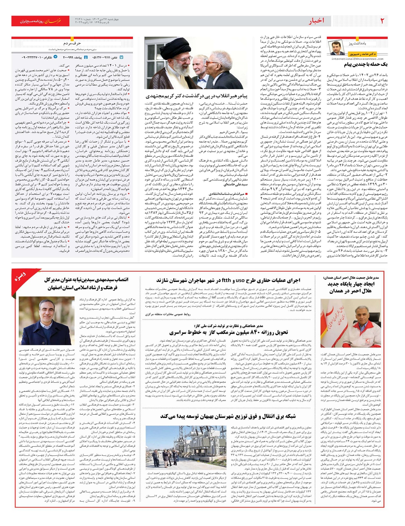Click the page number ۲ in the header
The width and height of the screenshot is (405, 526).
pos(382,21)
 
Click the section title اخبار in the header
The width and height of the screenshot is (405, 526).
pos(316,21)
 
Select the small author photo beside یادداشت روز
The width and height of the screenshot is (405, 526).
pos(338,48)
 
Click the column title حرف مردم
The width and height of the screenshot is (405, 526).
pos(72,43)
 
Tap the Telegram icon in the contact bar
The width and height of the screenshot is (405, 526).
pos(56,57)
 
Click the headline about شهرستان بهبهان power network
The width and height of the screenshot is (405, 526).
pos(228,416)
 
